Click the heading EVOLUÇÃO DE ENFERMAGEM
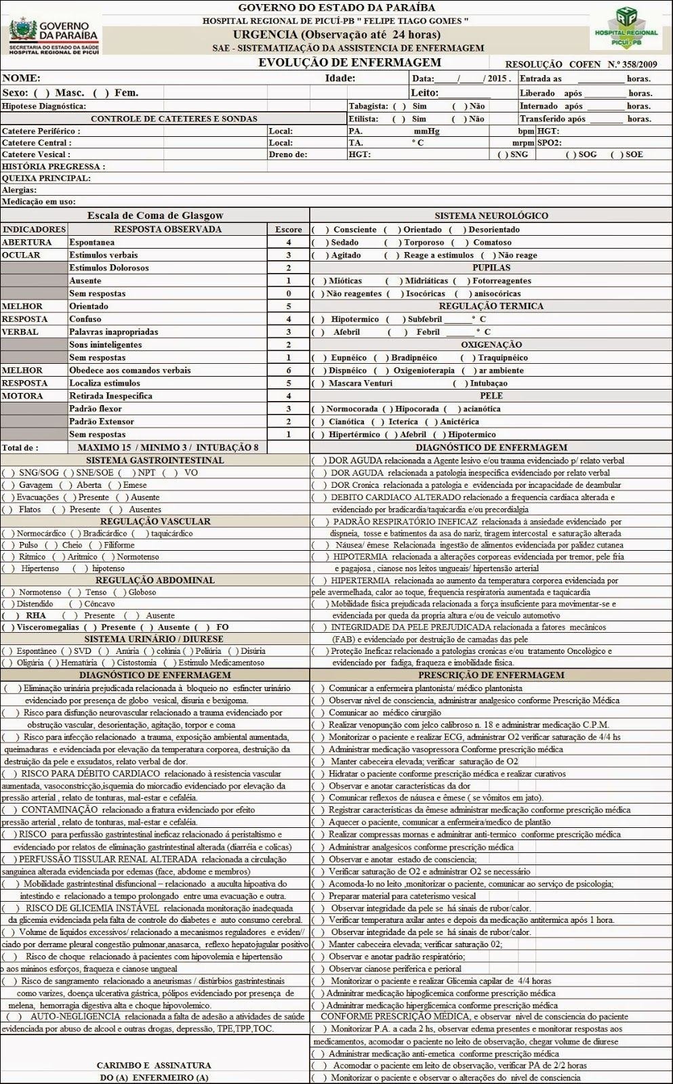pyautogui.click(x=350, y=63)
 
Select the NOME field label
pyautogui.click(x=21, y=78)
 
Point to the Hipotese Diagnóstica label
pyautogui.click(x=43, y=106)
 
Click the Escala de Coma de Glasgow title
pyautogui.click(x=155, y=215)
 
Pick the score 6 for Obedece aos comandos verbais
pyautogui.click(x=289, y=371)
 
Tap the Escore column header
pyautogui.click(x=289, y=229)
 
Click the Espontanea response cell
pyautogui.click(x=92, y=242)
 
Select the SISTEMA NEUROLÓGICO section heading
pyautogui.click(x=491, y=215)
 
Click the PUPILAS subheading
pyautogui.click(x=491, y=268)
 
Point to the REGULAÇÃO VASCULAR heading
pyautogui.click(x=155, y=521)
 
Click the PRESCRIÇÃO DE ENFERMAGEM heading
pyautogui.click(x=491, y=675)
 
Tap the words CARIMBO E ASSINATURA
pyautogui.click(x=154, y=1065)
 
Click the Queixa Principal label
pyautogui.click(x=46, y=178)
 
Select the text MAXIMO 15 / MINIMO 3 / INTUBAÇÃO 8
pyautogui.click(x=168, y=447)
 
